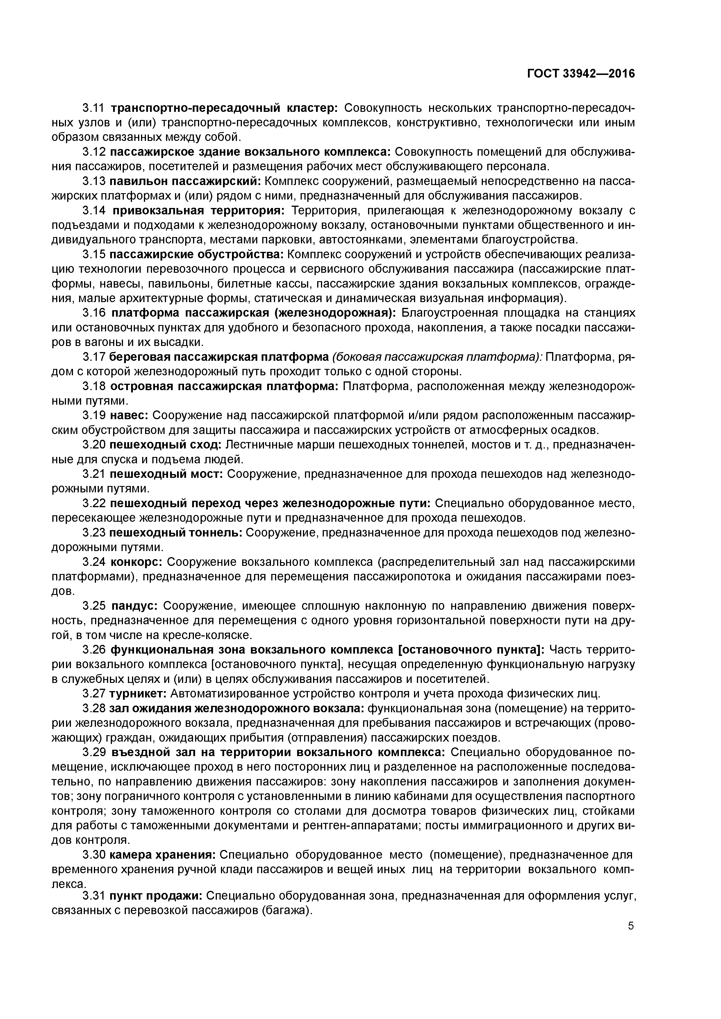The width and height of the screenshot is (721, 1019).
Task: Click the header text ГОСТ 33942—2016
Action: pyautogui.click(x=581, y=74)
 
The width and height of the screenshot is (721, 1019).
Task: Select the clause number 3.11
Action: pyautogui.click(x=94, y=108)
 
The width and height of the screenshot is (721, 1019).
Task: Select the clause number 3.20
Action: pyautogui.click(x=94, y=445)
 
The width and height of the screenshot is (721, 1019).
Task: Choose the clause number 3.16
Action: pyautogui.click(x=94, y=313)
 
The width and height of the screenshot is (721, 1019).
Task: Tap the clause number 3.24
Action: pyautogui.click(x=94, y=562)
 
